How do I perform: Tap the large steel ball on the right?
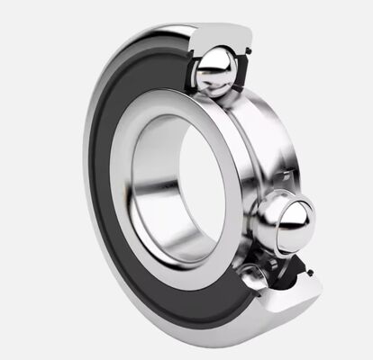pyautogui.click(x=286, y=224)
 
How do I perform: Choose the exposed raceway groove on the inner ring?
pyautogui.click(x=257, y=144)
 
